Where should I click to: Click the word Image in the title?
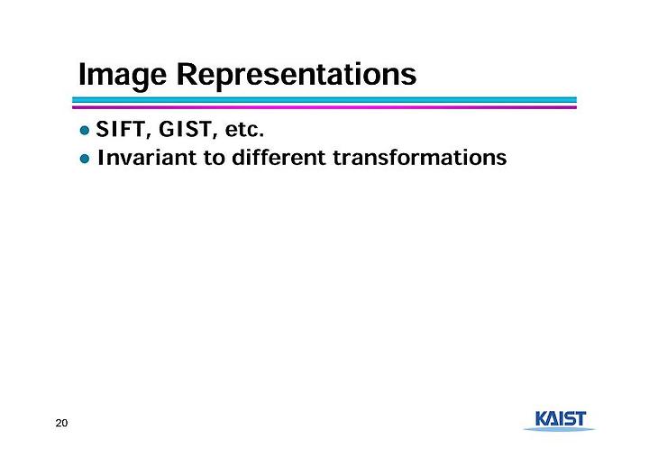click(123, 75)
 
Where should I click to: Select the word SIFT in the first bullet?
click(120, 129)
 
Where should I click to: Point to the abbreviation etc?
click(244, 130)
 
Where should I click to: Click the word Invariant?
click(147, 158)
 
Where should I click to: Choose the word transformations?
click(420, 158)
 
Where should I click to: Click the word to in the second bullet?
click(214, 158)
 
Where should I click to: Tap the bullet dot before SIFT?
click(85, 131)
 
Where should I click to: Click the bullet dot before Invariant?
click(85, 159)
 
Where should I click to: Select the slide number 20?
click(61, 423)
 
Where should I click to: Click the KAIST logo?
click(560, 421)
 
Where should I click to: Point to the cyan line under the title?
click(324, 100)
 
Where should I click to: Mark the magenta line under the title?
click(324, 107)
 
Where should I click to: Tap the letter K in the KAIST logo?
click(543, 418)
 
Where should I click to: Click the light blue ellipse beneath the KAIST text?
click(560, 429)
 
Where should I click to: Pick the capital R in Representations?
click(187, 74)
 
